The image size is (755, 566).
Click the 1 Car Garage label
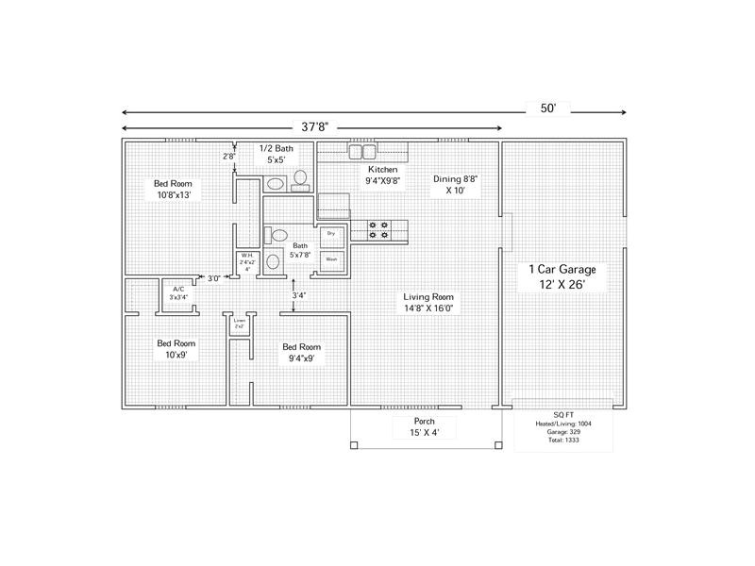pyautogui.click(x=562, y=276)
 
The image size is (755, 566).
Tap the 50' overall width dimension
pyautogui.click(x=548, y=108)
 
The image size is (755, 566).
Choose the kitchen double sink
pyautogui.click(x=363, y=151)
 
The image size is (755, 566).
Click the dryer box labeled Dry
pyautogui.click(x=331, y=233)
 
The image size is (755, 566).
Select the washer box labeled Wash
pyautogui.click(x=331, y=258)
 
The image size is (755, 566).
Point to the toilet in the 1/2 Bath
pyautogui.click(x=301, y=177)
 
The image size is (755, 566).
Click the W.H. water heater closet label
pyautogui.click(x=246, y=261)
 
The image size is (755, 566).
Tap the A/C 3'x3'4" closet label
pyautogui.click(x=178, y=292)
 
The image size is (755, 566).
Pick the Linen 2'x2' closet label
pyautogui.click(x=239, y=323)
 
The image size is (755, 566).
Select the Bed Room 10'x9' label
pyautogui.click(x=176, y=349)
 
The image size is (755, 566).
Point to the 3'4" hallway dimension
pyautogui.click(x=298, y=295)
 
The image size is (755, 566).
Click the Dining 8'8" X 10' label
pyautogui.click(x=456, y=184)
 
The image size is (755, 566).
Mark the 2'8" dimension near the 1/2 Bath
pyautogui.click(x=228, y=157)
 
